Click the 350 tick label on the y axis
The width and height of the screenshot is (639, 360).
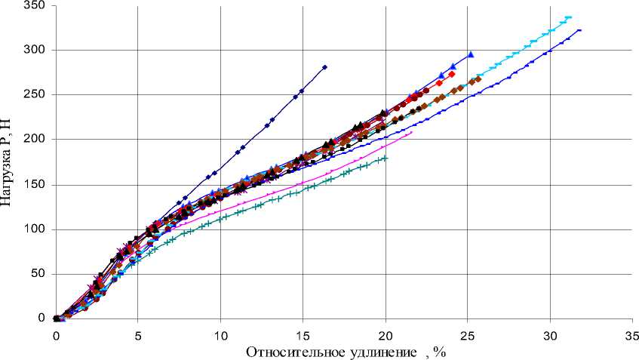[35, 6]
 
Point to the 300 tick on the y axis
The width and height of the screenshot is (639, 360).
[35, 50]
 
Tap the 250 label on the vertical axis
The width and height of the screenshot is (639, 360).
[35, 95]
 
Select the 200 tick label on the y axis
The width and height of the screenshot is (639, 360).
[35, 140]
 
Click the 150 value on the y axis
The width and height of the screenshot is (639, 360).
[35, 184]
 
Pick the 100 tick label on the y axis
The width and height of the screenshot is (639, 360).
[35, 229]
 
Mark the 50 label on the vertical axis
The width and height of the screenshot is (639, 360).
[38, 274]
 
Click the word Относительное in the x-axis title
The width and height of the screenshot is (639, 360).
[290, 351]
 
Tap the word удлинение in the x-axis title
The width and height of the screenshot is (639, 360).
[377, 351]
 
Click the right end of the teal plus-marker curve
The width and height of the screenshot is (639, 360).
[386, 158]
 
